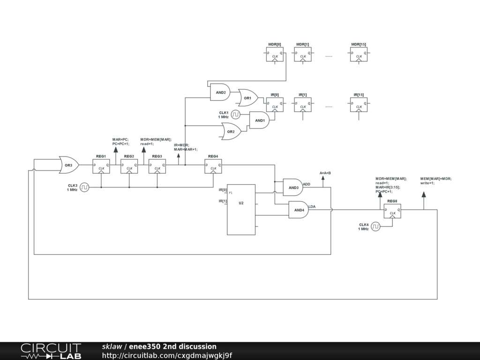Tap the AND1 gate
259,120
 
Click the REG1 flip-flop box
101,166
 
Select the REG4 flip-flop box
213,166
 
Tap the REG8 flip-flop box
392,211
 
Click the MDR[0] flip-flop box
275,54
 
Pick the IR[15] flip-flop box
359,105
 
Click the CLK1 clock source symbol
236,114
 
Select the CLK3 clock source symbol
84,187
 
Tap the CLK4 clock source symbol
375,226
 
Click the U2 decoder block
241,210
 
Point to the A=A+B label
325,173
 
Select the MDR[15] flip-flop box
359,54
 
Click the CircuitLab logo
51,351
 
